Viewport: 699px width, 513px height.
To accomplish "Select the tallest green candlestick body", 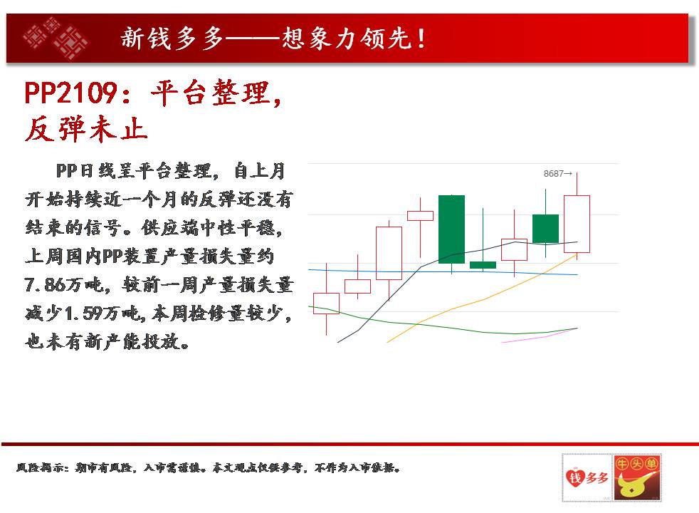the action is click(x=451, y=229).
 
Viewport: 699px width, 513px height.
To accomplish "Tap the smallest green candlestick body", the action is click(x=483, y=265).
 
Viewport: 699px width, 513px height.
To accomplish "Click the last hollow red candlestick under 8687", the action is click(x=577, y=224).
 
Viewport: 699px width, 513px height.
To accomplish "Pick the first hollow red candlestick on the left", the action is click(x=326, y=304).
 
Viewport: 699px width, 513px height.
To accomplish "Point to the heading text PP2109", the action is click(x=71, y=93).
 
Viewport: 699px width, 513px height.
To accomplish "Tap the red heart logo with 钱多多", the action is click(x=587, y=478).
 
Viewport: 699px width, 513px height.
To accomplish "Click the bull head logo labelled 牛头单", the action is click(x=637, y=478).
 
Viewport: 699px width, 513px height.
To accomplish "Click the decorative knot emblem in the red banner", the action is click(x=56, y=38).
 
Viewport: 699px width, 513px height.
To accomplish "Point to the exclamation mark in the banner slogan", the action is click(x=421, y=38).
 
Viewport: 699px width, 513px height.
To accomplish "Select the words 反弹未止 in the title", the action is click(x=86, y=130).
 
